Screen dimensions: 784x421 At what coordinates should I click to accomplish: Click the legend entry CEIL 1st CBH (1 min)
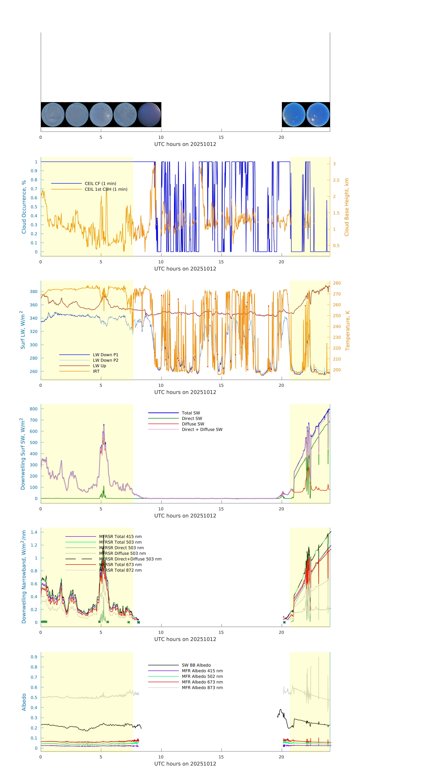click(106, 189)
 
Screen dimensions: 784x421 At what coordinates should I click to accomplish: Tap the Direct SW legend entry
click(192, 418)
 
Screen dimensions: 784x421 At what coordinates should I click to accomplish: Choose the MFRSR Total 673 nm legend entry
click(120, 565)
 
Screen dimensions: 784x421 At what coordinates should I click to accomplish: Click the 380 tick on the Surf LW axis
click(33, 292)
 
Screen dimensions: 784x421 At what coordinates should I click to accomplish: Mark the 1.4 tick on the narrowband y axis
click(34, 532)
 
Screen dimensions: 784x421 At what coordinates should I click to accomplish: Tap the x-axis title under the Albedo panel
click(185, 764)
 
